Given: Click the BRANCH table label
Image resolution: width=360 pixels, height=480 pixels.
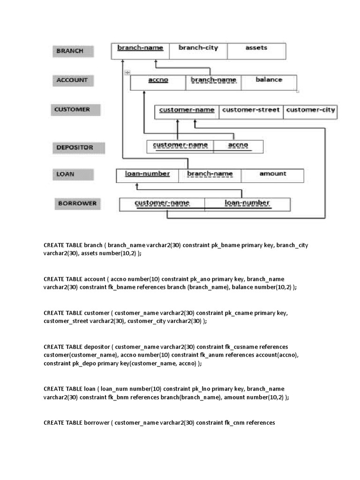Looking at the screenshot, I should click(70, 51).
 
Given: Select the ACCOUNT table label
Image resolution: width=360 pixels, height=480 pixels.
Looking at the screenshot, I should click(72, 80).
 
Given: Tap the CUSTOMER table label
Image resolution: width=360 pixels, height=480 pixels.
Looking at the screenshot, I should click(72, 110).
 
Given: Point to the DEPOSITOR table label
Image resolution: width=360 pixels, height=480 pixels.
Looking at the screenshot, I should click(75, 147).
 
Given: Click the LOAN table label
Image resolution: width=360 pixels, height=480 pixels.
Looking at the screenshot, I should click(66, 174).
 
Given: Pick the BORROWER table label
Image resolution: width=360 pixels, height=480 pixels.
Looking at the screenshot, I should click(77, 203).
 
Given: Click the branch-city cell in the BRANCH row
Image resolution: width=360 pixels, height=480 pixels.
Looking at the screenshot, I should click(198, 48).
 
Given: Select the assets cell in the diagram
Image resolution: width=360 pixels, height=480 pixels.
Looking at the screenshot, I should click(256, 48).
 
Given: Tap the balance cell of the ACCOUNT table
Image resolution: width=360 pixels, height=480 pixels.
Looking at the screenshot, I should click(269, 80).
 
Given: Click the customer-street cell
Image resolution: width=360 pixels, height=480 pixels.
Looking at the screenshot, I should click(251, 110).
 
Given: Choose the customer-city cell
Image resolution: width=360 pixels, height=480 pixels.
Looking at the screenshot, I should click(310, 110).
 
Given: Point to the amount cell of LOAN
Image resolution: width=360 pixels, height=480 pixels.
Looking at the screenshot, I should click(272, 174).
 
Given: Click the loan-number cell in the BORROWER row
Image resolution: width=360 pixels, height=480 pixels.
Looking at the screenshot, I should click(247, 203).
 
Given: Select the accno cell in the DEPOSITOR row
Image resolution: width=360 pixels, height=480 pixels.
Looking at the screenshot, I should click(238, 145).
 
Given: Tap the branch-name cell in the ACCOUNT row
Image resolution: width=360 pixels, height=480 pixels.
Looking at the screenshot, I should click(213, 80).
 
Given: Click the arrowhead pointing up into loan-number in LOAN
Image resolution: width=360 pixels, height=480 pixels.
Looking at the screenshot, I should click(137, 186).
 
